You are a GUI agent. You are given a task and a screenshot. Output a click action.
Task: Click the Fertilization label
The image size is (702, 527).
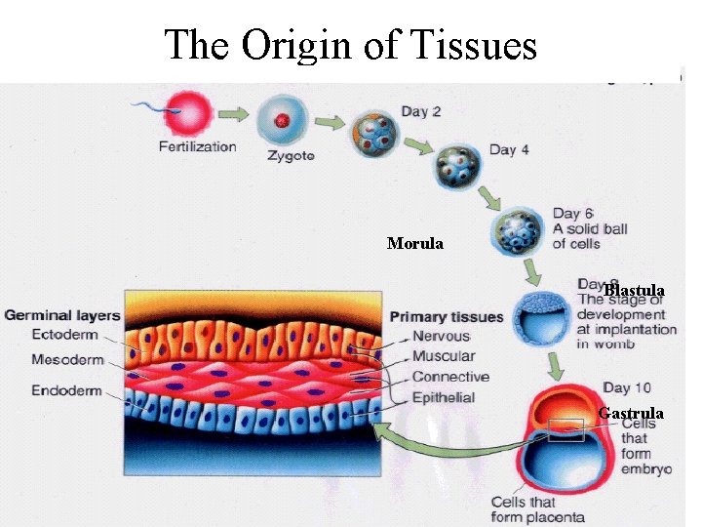[x=197, y=146]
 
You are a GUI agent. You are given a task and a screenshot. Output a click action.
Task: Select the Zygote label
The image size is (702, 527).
[x=291, y=155]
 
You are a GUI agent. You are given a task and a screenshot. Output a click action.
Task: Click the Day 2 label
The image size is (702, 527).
[x=421, y=111]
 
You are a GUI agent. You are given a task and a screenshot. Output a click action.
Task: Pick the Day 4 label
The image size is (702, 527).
[x=509, y=149]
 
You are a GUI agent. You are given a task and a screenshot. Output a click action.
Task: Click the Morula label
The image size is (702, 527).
[x=414, y=243]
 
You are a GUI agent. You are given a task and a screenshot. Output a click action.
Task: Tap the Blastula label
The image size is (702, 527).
[x=634, y=290]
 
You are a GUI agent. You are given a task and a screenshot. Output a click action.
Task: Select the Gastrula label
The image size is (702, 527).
[x=631, y=413]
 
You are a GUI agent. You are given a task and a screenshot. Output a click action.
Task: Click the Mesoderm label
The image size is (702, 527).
[x=67, y=360]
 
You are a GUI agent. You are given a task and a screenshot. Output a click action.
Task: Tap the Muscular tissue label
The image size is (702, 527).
[x=443, y=357]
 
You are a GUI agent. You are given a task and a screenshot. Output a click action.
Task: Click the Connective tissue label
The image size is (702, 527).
[x=449, y=377]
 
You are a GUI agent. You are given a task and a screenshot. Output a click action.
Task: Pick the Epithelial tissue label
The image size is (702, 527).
[x=444, y=397]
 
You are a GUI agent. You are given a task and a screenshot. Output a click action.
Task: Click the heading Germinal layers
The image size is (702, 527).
[x=62, y=315]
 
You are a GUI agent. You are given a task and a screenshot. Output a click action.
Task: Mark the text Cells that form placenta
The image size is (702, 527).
[x=537, y=509]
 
